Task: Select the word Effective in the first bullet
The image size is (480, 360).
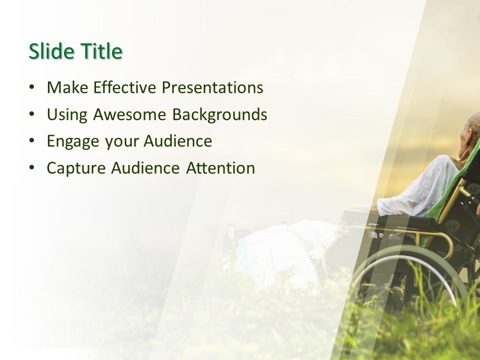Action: pos(125,87)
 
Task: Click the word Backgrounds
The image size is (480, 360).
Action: pos(219,114)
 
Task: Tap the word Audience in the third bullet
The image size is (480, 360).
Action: pos(177,141)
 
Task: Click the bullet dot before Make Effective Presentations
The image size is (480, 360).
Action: pos(32,87)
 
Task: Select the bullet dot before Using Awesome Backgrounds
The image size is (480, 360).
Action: pos(32,114)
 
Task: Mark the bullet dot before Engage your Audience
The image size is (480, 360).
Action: pos(32,141)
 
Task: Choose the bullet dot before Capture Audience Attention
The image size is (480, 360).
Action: pos(32,168)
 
